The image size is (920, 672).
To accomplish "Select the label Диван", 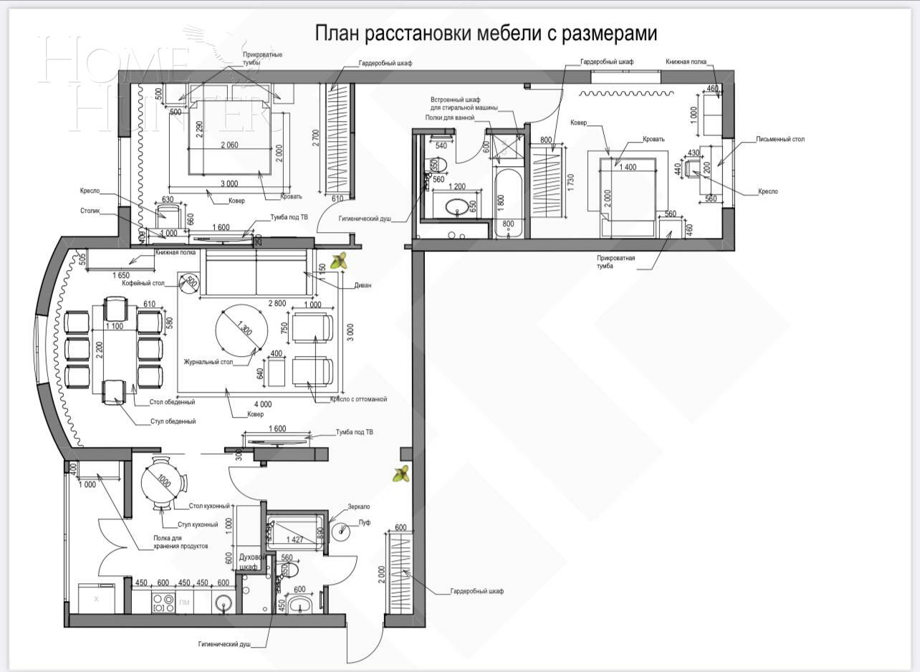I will pos(362,285).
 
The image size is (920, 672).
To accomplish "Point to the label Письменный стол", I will pos(780,139).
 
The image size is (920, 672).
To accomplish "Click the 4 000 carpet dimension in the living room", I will pos(262,404).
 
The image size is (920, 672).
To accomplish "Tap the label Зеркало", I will pos(359,506).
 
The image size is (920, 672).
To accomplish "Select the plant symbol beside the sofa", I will pos(339,261).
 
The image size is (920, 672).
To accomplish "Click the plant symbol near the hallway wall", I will pos(401,474).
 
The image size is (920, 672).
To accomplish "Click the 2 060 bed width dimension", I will pos(229,145).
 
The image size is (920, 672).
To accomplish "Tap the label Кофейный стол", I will pos(143,284).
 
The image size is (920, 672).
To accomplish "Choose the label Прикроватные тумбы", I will pos(262,59).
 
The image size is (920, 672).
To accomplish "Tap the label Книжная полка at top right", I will pos(686,62).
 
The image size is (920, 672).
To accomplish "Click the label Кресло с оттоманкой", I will pos(358,399).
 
